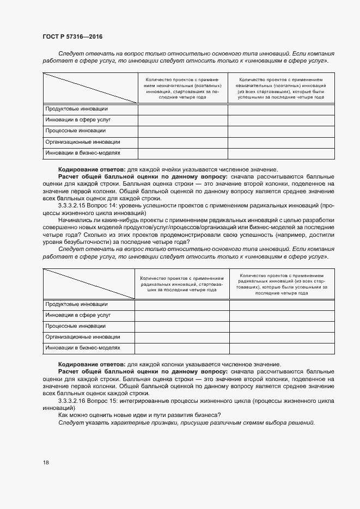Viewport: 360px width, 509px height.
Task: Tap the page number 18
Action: pos(45,462)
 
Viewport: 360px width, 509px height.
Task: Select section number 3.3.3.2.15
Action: pos(76,206)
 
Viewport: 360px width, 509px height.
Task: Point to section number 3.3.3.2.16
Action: pos(76,400)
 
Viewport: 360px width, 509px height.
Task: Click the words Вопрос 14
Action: pos(111,206)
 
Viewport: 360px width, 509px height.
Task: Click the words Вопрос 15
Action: pos(111,400)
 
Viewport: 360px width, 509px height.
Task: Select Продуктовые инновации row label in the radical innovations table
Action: pos(77,304)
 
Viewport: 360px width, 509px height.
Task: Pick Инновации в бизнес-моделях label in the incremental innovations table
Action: pos(82,153)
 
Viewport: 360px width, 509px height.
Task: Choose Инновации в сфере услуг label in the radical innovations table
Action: pos(78,315)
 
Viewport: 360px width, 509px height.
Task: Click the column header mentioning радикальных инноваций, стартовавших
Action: pos(182,284)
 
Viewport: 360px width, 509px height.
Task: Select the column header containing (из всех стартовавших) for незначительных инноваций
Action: pos(282,89)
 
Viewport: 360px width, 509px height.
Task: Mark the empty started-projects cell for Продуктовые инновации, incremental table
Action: pos(182,109)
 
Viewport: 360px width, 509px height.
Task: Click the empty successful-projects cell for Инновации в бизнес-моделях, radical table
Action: pos(282,348)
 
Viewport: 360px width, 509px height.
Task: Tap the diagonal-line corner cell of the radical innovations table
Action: pos(88,284)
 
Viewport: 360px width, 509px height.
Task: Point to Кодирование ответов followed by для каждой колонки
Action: pos(91,364)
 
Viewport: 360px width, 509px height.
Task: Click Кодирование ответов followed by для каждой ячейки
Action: pos(91,169)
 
